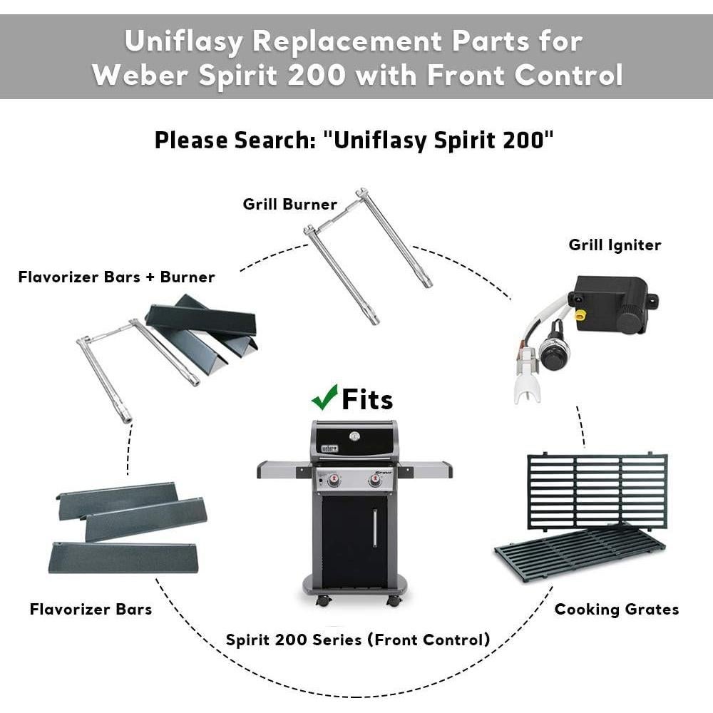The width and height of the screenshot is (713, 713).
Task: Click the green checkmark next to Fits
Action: [324, 396]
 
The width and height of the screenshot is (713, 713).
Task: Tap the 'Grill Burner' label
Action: [289, 205]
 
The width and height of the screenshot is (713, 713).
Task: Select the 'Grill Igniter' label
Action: [615, 245]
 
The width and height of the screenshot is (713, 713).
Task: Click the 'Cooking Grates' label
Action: [616, 609]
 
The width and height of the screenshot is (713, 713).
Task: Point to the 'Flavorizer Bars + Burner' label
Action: [116, 277]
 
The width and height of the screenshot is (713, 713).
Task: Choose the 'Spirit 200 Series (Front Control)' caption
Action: [358, 640]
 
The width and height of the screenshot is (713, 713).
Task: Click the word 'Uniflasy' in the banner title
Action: [183, 41]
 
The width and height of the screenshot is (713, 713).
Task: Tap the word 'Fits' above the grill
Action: [367, 399]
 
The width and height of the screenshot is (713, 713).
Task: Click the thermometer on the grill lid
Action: [354, 436]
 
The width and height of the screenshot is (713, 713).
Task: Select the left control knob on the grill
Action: [334, 481]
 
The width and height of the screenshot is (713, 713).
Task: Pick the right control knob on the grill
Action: [375, 481]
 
